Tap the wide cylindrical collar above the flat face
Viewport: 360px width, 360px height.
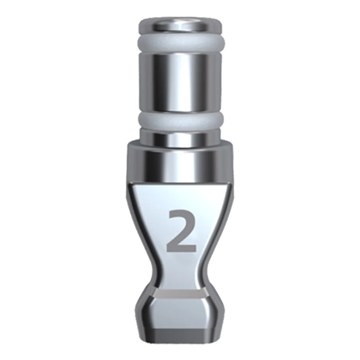coord(180,162)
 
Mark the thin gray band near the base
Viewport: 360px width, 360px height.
coord(180,294)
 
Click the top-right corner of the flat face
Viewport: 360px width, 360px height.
coord(230,184)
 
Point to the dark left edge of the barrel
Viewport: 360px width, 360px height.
coord(142,83)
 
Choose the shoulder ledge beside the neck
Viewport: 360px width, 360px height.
coord(133,143)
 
